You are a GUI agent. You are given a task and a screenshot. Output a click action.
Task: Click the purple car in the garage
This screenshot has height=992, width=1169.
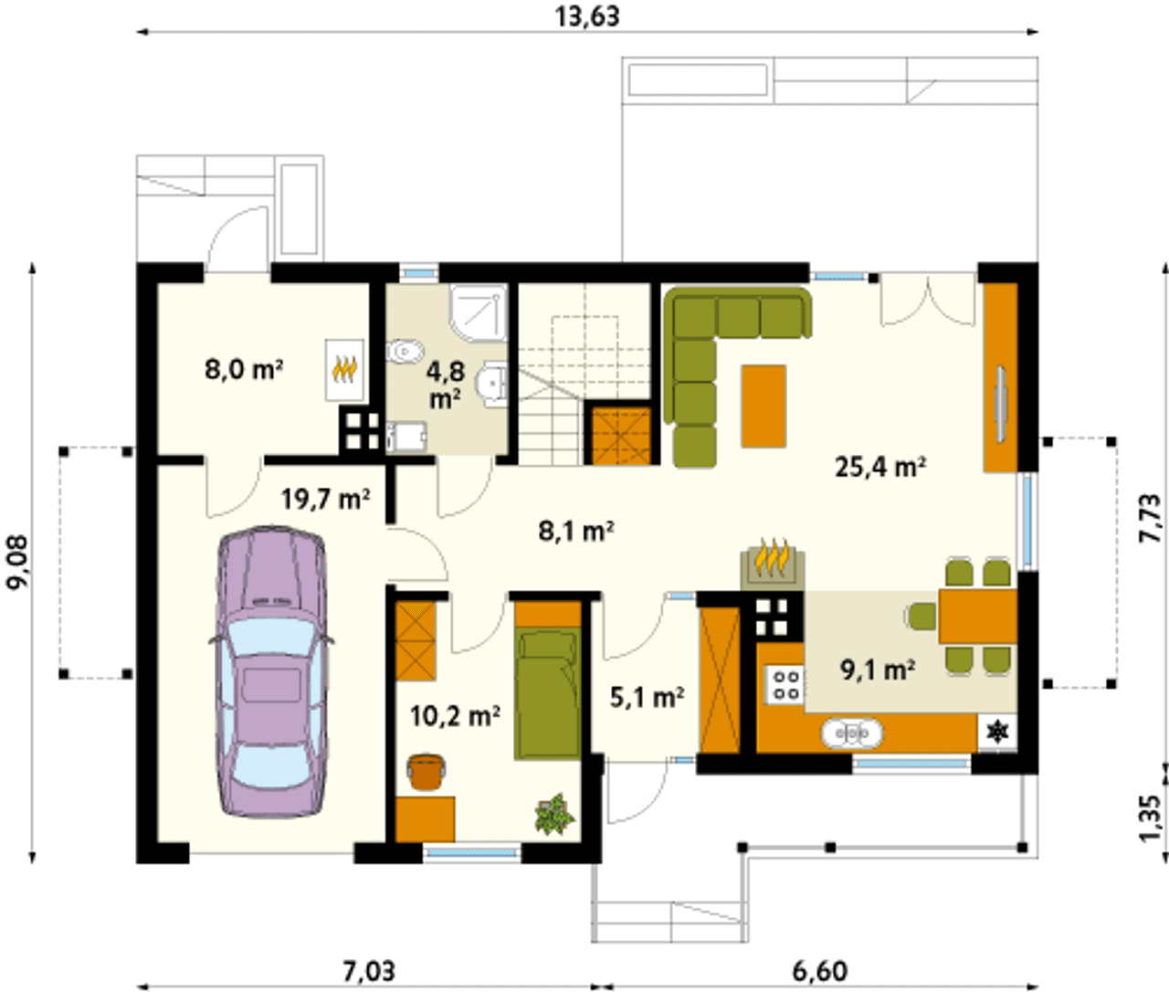click(x=271, y=673)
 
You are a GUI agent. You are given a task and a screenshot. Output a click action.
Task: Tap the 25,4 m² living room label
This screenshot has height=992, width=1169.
click(x=880, y=468)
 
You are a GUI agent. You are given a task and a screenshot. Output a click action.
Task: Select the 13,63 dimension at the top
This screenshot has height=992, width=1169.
click(x=587, y=16)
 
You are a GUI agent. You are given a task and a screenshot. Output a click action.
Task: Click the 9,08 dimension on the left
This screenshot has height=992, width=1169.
click(x=17, y=563)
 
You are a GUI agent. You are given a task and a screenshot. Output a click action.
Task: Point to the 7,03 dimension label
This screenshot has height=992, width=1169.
click(x=369, y=972)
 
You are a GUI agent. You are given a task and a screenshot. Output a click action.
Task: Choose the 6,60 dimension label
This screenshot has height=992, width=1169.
click(x=819, y=972)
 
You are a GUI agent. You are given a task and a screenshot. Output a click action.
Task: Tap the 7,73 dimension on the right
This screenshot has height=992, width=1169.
click(x=1151, y=518)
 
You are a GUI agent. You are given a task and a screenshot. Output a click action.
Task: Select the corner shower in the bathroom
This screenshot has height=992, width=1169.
click(x=478, y=312)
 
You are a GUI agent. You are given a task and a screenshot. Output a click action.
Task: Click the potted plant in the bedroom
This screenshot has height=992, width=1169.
click(x=554, y=815)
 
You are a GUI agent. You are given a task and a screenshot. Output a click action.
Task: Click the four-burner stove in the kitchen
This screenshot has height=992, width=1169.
click(x=785, y=685)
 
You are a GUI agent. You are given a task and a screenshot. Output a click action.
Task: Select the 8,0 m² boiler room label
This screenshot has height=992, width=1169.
click(x=244, y=370)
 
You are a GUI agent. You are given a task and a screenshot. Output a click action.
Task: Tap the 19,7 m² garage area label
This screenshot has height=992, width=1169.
click(x=326, y=500)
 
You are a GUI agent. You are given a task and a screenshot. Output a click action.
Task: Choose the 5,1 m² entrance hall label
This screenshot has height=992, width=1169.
click(x=647, y=697)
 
